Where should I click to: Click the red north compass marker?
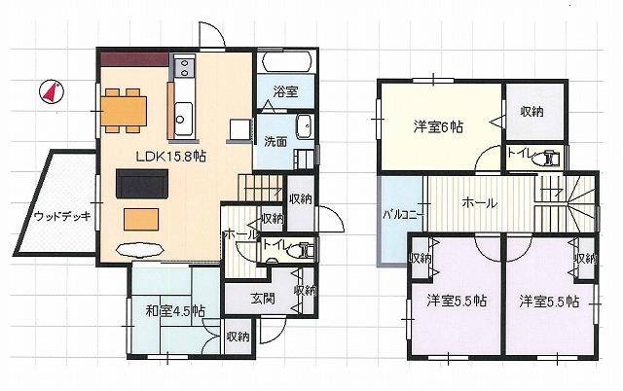[x=51, y=93]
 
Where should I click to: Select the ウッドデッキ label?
[x=60, y=216]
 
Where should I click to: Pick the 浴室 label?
[x=285, y=90]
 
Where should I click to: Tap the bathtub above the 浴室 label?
[x=285, y=64]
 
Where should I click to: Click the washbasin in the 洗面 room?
[x=304, y=127]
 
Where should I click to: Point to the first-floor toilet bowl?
[x=306, y=250]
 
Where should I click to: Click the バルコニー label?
[x=399, y=214]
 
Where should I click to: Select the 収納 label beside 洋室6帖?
[x=531, y=112]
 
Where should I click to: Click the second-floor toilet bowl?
[x=552, y=156]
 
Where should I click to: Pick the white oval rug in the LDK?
[x=134, y=247]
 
